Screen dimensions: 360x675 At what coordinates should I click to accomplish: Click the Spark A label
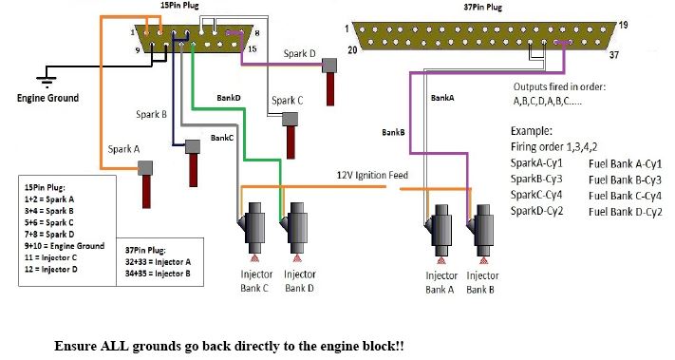click(124, 149)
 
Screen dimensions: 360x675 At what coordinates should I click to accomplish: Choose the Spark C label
click(287, 100)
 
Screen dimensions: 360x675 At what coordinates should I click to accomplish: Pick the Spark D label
click(300, 54)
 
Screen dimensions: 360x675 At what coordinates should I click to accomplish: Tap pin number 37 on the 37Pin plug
click(613, 55)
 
